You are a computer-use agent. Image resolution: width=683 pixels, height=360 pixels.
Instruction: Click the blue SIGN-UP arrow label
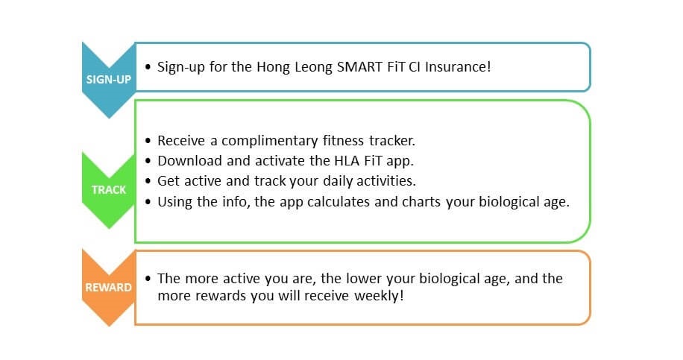108,80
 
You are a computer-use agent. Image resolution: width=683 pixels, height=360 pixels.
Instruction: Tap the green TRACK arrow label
108,190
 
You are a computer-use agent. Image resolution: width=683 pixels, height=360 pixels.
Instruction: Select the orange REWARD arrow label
108,287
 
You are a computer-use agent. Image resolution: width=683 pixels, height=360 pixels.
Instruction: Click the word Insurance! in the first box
458,66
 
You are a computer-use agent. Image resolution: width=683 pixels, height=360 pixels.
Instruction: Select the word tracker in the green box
392,141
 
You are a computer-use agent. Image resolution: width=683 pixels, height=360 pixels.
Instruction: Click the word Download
189,161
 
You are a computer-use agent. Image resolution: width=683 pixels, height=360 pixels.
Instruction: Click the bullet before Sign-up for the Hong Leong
148,67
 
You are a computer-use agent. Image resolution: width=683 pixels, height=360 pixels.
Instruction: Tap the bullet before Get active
148,181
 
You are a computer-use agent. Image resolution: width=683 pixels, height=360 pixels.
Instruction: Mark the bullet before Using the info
148,202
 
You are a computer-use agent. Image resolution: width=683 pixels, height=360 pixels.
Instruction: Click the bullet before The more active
148,279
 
